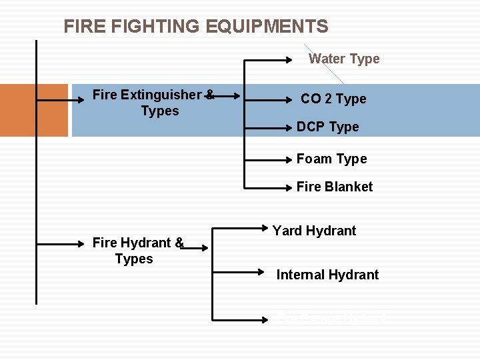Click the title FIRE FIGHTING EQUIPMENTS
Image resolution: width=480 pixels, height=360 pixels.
[x=195, y=27]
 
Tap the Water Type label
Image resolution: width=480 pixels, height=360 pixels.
[x=344, y=59]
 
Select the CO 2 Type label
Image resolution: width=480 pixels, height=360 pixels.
[x=333, y=99]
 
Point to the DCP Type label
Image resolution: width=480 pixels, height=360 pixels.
[x=327, y=127]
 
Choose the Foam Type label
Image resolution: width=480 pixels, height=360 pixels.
[x=331, y=159]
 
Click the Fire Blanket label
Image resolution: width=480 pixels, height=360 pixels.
[x=335, y=187]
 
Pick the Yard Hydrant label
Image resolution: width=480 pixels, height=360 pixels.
[x=314, y=231]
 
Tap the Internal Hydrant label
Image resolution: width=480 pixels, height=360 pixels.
[x=327, y=275]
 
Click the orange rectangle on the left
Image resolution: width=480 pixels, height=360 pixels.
[x=33, y=110]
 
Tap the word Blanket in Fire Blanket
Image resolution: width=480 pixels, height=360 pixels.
[x=349, y=187]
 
